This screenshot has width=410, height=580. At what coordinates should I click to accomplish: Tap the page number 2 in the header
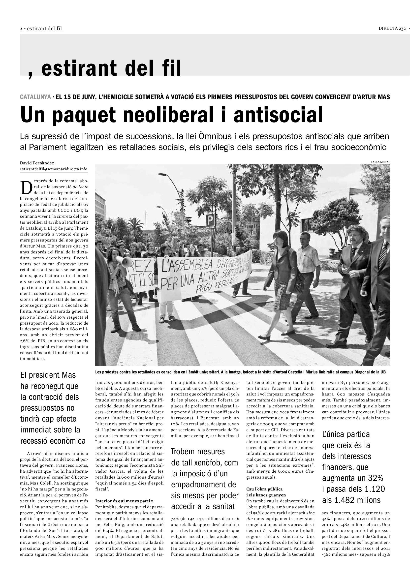click(x=21, y=29)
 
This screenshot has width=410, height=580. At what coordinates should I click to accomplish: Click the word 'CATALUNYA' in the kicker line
click(x=35, y=97)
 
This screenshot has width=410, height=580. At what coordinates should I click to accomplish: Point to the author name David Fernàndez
click(x=37, y=163)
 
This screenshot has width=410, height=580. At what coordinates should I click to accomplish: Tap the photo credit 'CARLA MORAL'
click(x=380, y=162)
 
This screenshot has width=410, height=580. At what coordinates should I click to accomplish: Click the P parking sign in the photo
click(x=210, y=220)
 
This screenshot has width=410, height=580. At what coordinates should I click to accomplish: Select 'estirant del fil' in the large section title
click(x=111, y=68)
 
